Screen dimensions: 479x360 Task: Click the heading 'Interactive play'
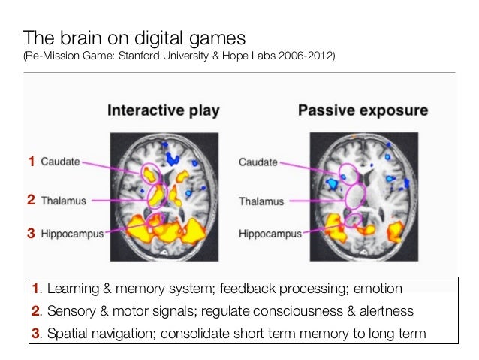[163, 111]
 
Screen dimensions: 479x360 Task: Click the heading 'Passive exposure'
[363, 111]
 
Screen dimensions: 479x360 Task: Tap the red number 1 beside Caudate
[32, 161]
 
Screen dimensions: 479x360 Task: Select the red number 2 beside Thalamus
[32, 201]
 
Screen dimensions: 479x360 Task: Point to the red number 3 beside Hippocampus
[32, 234]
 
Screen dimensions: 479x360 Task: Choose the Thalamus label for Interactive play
[63, 201]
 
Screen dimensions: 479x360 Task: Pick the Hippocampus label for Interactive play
[72, 234]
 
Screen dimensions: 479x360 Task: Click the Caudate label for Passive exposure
[258, 161]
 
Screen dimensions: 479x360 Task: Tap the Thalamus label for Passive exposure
[261, 201]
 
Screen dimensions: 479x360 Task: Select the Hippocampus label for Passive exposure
[270, 234]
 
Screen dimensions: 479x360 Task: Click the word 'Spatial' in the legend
[66, 333]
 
